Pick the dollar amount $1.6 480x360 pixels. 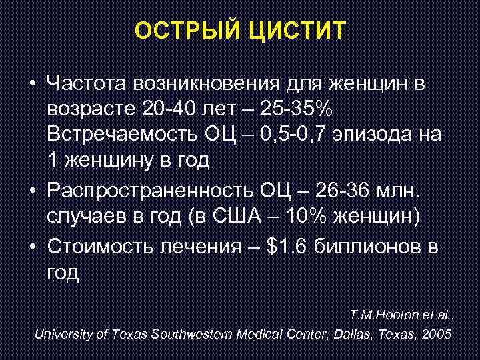[285, 247]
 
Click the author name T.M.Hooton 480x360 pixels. [382, 313]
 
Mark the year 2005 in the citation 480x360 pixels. [437, 333]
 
